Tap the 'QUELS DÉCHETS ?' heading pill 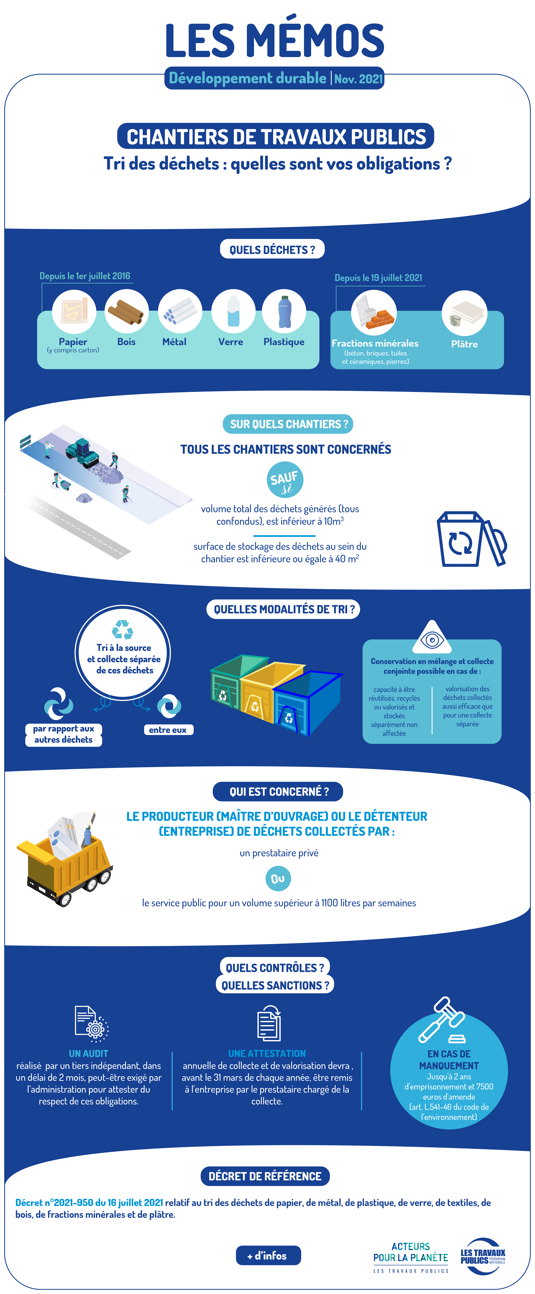[272, 249]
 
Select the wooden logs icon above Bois [126, 312]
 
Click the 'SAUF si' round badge [285, 480]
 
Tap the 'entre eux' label [168, 730]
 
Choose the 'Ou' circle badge [278, 879]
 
